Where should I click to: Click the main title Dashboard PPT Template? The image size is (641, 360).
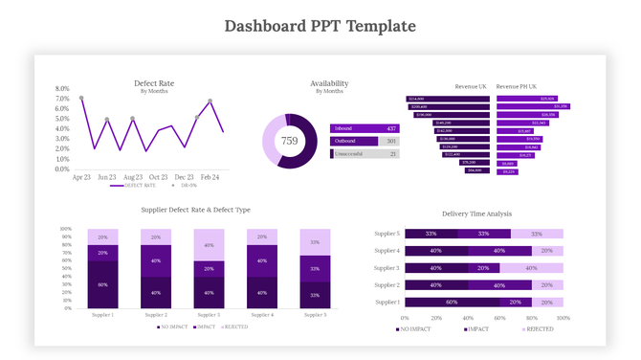[x=320, y=25]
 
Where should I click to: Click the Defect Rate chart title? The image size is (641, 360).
[x=153, y=83]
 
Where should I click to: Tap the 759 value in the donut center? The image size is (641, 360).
[x=289, y=141]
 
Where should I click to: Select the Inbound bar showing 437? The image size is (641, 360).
[x=365, y=128]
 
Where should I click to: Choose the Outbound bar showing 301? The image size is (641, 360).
[x=365, y=141]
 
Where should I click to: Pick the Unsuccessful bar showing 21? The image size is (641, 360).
[x=365, y=153]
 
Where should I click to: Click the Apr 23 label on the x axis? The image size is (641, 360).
[x=81, y=177]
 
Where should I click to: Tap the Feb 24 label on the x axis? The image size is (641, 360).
[x=210, y=177]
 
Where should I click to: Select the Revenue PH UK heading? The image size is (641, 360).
[x=516, y=86]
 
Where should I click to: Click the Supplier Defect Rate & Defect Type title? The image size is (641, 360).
[x=196, y=210]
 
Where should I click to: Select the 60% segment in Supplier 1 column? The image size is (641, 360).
[x=102, y=284]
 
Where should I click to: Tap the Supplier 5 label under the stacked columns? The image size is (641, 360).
[x=316, y=315]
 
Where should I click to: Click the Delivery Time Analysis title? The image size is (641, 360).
[x=476, y=214]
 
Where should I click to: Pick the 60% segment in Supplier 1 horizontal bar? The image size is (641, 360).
[x=452, y=302]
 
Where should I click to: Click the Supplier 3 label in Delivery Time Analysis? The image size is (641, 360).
[x=387, y=268]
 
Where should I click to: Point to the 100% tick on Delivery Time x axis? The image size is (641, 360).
[x=563, y=318]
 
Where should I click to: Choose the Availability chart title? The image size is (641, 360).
[x=329, y=83]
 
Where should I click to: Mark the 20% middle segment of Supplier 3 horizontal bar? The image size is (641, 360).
[x=483, y=268]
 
